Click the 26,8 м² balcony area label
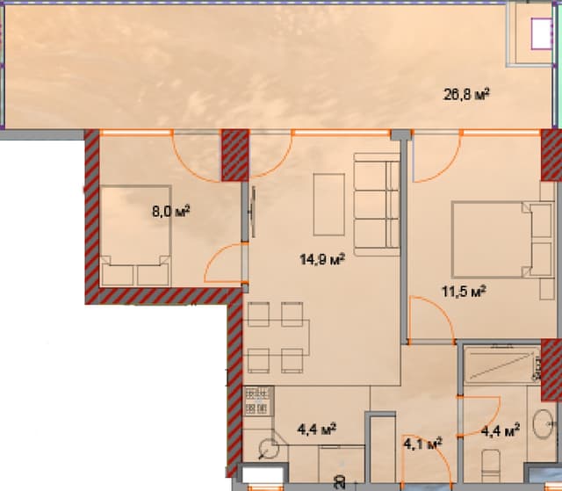pyautogui.click(x=465, y=95)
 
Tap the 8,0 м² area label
pyautogui.click(x=171, y=211)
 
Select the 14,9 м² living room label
pyautogui.click(x=322, y=259)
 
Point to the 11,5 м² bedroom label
pyautogui.click(x=464, y=291)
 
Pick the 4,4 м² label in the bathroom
pyautogui.click(x=501, y=430)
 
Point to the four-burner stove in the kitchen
pyautogui.click(x=256, y=401)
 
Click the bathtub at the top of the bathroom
pyautogui.click(x=500, y=365)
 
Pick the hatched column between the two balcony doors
pyautogui.click(x=234, y=155)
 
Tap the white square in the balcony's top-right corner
pyautogui.click(x=537, y=34)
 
